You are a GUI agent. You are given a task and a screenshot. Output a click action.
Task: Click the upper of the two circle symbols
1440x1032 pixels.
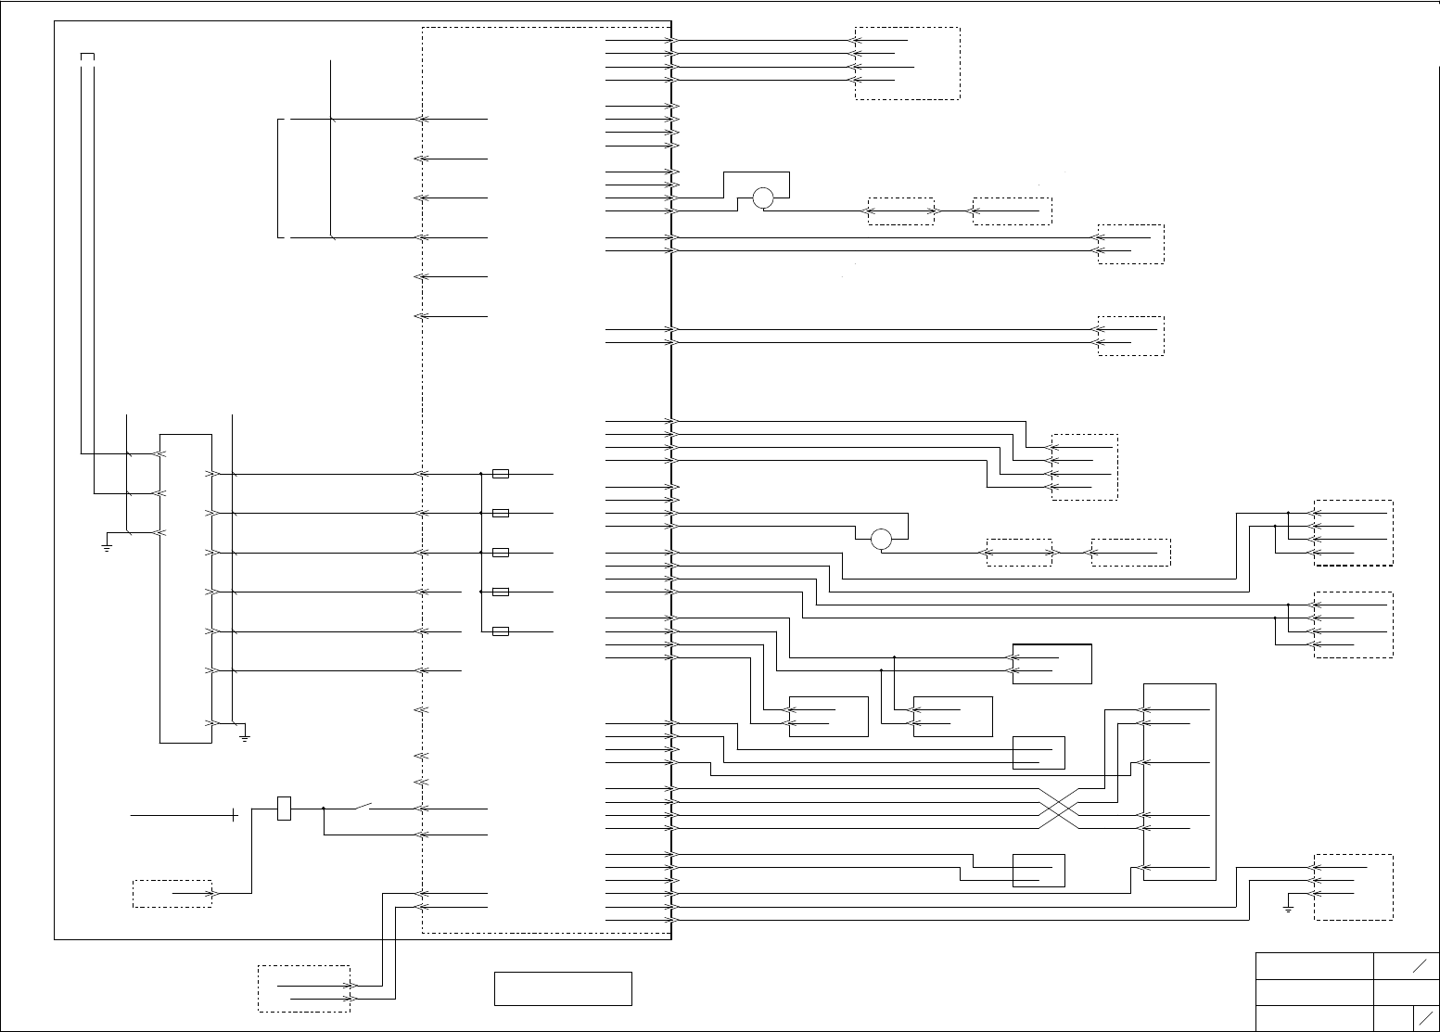762,197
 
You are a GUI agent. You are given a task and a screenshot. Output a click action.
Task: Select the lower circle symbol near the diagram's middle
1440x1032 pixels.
881,539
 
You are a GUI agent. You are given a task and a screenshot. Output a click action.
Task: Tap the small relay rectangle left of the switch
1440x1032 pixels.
285,809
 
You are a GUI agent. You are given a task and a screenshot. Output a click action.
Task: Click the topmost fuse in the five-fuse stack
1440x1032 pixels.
501,474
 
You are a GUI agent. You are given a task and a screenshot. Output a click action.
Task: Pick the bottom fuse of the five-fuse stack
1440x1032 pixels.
501,631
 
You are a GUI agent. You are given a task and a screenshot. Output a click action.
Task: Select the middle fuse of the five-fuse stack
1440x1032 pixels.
501,553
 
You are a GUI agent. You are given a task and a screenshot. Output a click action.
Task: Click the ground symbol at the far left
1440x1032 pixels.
107,547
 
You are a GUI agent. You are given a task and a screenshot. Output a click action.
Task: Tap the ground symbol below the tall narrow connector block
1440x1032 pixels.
244,737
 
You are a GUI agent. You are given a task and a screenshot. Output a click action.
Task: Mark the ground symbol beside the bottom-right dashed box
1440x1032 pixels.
1288,908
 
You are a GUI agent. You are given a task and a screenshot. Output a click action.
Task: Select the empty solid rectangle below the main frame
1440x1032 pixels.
563,988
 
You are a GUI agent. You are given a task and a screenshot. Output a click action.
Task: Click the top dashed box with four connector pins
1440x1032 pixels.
907,63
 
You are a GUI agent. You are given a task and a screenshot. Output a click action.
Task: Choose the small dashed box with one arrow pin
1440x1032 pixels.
172,894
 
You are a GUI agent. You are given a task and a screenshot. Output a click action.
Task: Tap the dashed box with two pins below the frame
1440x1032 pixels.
303,988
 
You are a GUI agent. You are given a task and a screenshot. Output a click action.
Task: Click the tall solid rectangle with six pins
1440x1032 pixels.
1179,782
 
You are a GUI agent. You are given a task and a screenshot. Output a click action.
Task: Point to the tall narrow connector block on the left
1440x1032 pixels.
185,587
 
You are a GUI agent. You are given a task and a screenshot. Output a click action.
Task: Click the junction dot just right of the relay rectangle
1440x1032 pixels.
323,809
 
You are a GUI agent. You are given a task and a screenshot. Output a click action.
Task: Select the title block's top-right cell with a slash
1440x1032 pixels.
1406,966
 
